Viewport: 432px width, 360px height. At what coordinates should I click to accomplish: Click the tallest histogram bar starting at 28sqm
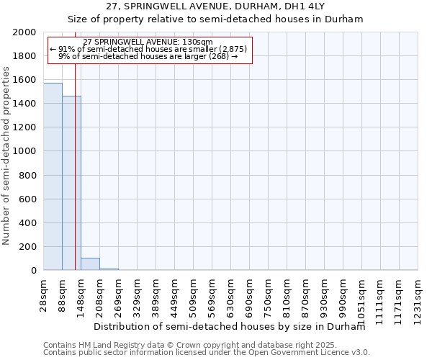(53, 176)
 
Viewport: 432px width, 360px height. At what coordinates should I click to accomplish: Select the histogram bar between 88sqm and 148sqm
(71, 183)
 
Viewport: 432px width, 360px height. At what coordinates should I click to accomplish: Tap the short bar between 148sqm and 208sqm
(90, 264)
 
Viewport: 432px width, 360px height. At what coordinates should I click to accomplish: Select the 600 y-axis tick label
(30, 199)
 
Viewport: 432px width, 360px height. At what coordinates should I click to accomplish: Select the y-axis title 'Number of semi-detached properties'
(8, 156)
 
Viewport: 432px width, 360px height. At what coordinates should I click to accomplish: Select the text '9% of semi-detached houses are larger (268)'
(148, 55)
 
